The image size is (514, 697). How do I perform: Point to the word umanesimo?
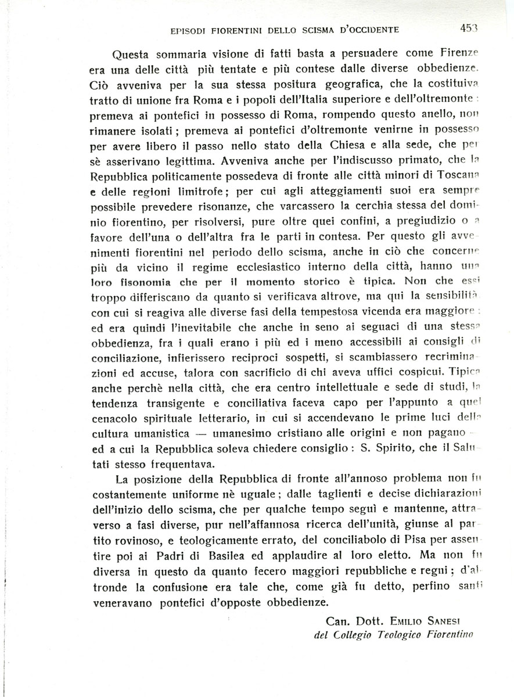(x=249, y=433)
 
